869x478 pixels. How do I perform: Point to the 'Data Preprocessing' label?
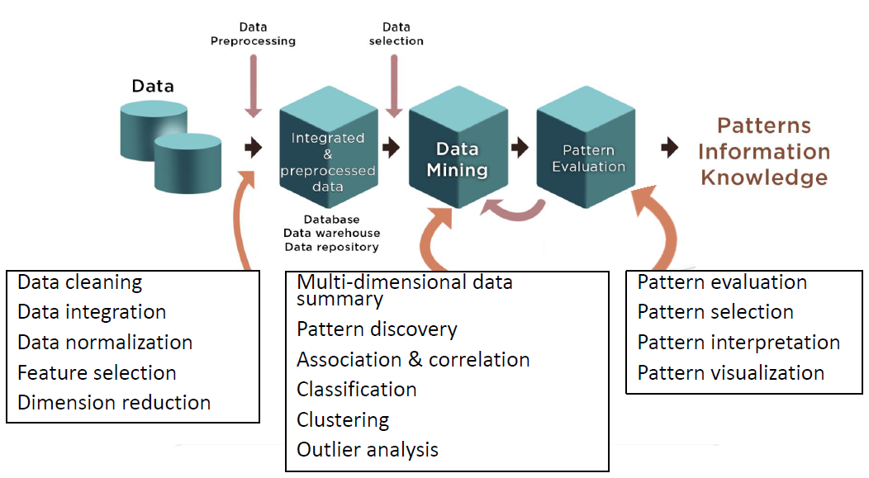[253, 34]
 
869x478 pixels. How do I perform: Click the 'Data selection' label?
[397, 34]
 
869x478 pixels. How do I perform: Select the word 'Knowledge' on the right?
[764, 177]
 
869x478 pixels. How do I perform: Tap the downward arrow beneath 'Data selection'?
[395, 91]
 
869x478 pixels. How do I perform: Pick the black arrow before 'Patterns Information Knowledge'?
[670, 148]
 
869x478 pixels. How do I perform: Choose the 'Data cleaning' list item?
[80, 282]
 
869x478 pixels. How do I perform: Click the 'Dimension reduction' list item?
[114, 403]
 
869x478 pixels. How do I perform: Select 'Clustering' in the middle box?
[343, 419]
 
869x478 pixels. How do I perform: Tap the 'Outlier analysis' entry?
[368, 450]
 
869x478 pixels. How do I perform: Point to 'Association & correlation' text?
[413, 360]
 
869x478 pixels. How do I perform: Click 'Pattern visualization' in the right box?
[730, 373]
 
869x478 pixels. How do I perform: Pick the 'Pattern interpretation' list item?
[738, 343]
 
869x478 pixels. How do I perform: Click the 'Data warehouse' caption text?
[332, 234]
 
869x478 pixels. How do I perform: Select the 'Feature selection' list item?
[97, 373]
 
